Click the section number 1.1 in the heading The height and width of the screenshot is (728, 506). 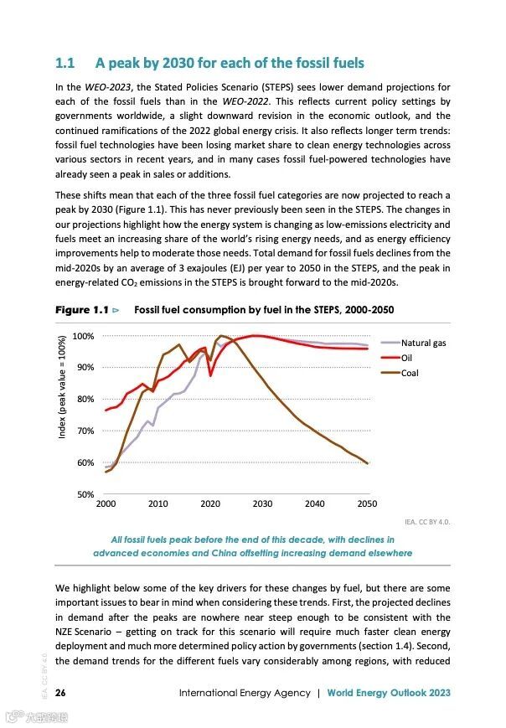pos(65,63)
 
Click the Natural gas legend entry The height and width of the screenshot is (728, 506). pos(423,343)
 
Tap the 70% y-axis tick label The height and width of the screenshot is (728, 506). pos(84,431)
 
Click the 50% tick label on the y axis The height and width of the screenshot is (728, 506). pos(84,495)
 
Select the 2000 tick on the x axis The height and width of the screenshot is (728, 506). pos(106,504)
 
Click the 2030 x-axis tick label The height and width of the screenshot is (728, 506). pos(262,504)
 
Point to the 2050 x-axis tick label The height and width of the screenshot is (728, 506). pos(367,504)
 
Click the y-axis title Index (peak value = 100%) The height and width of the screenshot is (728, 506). pos(63,387)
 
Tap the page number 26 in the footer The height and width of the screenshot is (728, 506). pos(61,693)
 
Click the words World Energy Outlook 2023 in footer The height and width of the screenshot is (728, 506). pos(389,693)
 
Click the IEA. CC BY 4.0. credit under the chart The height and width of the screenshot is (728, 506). pos(427,521)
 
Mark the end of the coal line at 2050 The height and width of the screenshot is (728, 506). pos(367,462)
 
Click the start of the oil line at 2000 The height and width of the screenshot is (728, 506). pos(106,410)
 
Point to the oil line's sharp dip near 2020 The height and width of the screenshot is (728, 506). pos(210,374)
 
